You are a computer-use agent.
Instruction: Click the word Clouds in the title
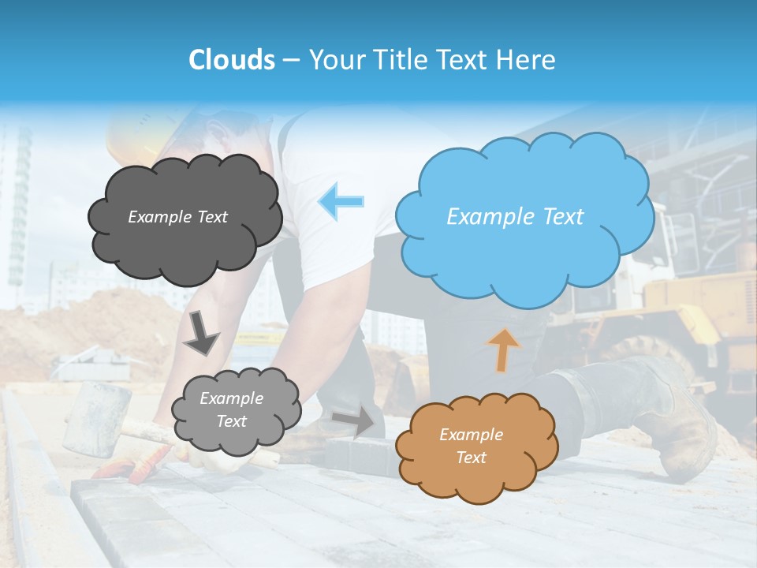click(232, 60)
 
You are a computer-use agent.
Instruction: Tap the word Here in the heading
click(528, 60)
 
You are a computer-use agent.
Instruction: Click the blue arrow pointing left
click(341, 200)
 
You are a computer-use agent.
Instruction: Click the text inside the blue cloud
click(515, 216)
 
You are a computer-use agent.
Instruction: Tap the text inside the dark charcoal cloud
click(177, 216)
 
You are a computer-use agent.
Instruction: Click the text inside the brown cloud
click(471, 446)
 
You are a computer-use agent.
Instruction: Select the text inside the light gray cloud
click(232, 410)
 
